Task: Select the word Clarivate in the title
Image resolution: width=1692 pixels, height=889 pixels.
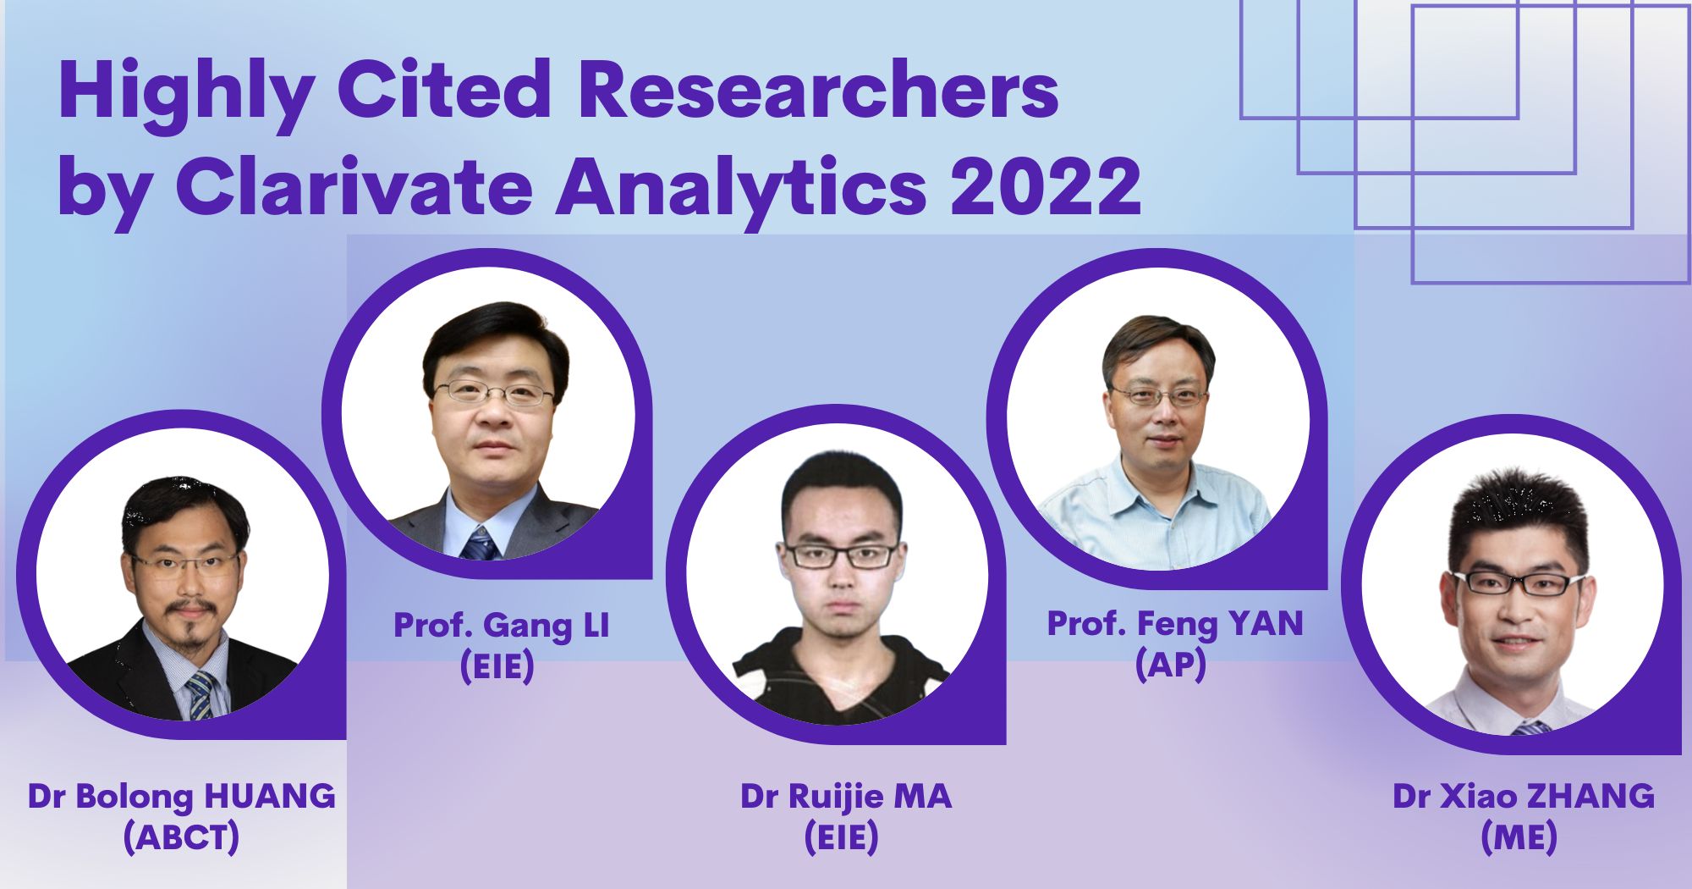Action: pyautogui.click(x=353, y=188)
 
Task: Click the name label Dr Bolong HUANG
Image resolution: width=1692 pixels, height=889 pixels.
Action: pyautogui.click(x=181, y=797)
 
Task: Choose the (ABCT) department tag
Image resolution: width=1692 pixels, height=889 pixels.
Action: pyautogui.click(x=181, y=837)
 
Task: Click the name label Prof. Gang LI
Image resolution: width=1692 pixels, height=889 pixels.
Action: pyautogui.click(x=501, y=626)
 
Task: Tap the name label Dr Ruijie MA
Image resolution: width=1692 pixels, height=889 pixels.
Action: pyautogui.click(x=845, y=797)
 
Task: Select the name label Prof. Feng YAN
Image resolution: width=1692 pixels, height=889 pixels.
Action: pyautogui.click(x=1174, y=624)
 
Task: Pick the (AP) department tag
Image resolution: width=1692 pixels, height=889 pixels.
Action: pyautogui.click(x=1170, y=665)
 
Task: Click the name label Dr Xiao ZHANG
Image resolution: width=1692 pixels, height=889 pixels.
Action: pyautogui.click(x=1523, y=797)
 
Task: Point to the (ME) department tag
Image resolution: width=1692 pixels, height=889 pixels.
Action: pyautogui.click(x=1519, y=837)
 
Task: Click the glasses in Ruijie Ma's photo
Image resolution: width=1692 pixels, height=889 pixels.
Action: pyautogui.click(x=841, y=555)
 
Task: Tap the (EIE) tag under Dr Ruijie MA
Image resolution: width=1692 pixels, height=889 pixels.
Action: pyautogui.click(x=841, y=837)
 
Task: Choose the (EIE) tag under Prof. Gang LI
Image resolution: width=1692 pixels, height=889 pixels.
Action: pyautogui.click(x=497, y=666)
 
